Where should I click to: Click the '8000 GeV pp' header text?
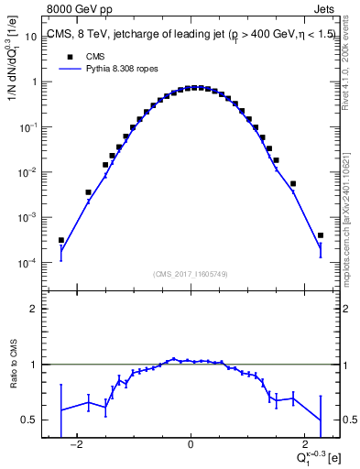[x=75, y=10]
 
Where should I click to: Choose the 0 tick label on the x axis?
[x=191, y=445]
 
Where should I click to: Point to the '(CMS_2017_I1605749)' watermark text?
[x=191, y=273]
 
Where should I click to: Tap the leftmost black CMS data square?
[x=61, y=241]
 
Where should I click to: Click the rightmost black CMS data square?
[x=321, y=235]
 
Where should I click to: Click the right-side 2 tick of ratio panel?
[x=342, y=310]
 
